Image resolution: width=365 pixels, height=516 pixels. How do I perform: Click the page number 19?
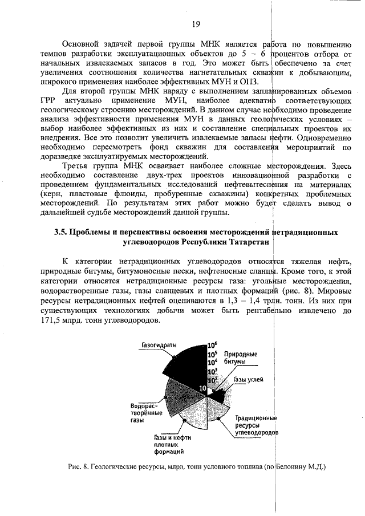coord(195,23)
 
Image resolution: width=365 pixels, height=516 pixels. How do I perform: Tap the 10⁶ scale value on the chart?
coord(212,345)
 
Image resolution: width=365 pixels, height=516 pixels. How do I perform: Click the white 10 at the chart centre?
coord(202,388)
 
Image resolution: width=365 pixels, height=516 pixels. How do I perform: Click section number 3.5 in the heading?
coord(61,233)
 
